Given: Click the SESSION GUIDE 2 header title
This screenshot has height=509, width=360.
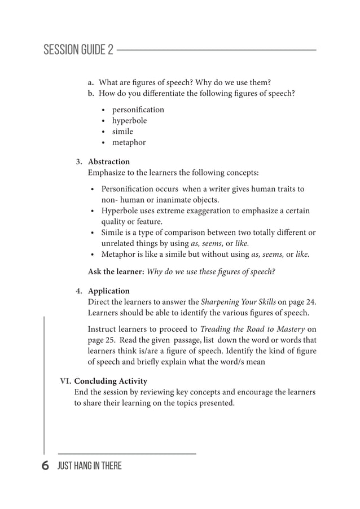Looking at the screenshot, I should pos(78,50).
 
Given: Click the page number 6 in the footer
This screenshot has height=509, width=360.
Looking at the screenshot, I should pos(46,466).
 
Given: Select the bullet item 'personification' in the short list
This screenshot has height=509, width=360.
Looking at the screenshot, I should pos(138,109).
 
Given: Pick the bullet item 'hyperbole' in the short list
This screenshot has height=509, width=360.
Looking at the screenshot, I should pos(129,121).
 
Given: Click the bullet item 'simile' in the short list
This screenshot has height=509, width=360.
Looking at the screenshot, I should pos(122,131).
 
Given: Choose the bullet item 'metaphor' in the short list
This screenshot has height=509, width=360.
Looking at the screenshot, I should pos(129,143).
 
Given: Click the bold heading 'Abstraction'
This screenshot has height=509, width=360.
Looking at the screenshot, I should pos(109,162).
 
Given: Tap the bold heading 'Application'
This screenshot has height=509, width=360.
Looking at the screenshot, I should pos(109,292).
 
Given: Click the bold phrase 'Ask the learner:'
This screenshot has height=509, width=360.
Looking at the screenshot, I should pos(116,272).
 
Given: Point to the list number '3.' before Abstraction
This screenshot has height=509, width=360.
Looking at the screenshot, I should pos(80,162).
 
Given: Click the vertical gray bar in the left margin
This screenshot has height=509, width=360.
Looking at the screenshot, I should pos(44,384).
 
